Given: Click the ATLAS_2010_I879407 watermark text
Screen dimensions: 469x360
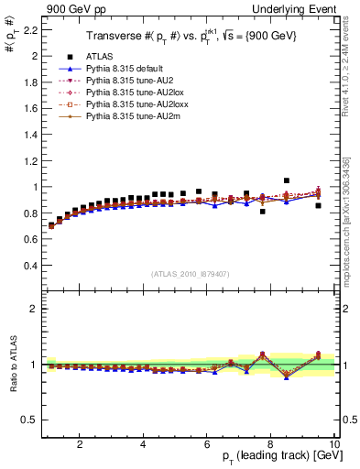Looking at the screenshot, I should tap(190, 274).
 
